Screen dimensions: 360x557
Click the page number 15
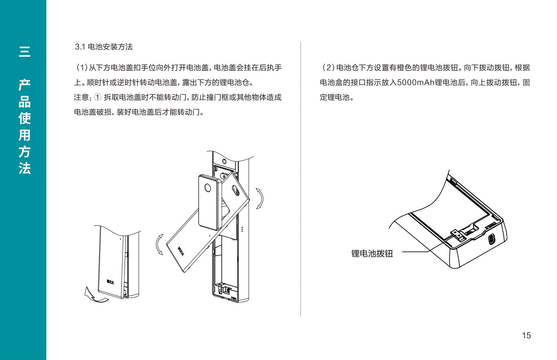tap(526, 335)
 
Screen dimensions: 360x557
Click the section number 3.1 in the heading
tap(80, 47)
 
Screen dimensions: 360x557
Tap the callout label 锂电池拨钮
tap(372, 253)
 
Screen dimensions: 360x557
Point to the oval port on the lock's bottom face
tap(491, 239)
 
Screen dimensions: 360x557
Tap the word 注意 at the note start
tap(81, 97)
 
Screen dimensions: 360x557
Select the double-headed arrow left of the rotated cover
tap(159, 244)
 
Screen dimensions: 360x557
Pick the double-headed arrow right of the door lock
tap(260, 198)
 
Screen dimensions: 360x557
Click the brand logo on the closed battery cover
tap(110, 281)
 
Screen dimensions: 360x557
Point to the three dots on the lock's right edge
tap(243, 229)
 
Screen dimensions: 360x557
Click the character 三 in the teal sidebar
tap(24, 52)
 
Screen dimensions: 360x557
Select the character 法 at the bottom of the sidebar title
tap(24, 168)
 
